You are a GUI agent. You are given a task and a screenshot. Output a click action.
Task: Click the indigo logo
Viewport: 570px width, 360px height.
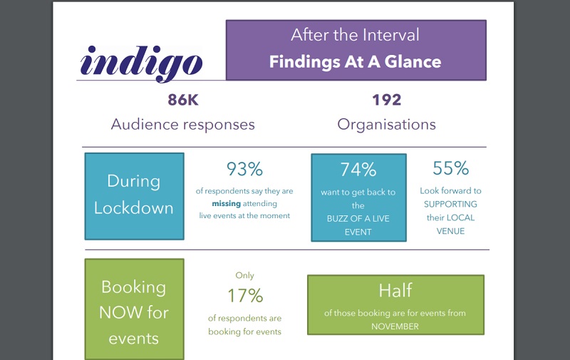click(x=141, y=63)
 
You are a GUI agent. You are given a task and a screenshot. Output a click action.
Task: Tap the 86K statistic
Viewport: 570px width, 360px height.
click(x=183, y=100)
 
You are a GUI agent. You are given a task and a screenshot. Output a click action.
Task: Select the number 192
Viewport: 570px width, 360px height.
click(x=386, y=100)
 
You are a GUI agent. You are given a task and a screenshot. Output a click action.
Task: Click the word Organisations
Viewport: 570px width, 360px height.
click(x=386, y=124)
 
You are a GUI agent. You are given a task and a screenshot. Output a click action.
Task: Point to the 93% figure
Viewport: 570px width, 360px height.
click(x=244, y=169)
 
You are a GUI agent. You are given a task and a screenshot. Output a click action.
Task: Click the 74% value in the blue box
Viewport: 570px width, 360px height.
click(x=358, y=170)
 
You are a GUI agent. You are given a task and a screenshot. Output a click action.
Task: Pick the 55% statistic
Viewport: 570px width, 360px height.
click(x=450, y=168)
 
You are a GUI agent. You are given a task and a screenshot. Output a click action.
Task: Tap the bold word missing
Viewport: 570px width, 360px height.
click(x=226, y=204)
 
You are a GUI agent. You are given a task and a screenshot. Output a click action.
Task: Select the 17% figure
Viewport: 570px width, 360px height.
click(x=245, y=296)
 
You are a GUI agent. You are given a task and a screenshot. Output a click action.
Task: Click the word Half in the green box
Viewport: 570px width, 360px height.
click(x=395, y=291)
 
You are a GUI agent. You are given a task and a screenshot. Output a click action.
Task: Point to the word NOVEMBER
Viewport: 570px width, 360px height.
click(x=395, y=326)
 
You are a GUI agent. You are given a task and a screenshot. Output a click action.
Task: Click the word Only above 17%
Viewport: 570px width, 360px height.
click(x=244, y=275)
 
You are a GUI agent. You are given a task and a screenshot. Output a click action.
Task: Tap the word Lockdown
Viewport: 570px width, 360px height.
click(x=134, y=208)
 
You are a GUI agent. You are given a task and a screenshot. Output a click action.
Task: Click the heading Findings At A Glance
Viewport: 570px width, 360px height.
click(x=355, y=61)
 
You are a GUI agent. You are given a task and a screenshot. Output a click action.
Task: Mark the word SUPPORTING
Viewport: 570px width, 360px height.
click(x=450, y=205)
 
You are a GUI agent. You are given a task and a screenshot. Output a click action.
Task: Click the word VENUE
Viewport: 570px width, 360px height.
click(x=450, y=231)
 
